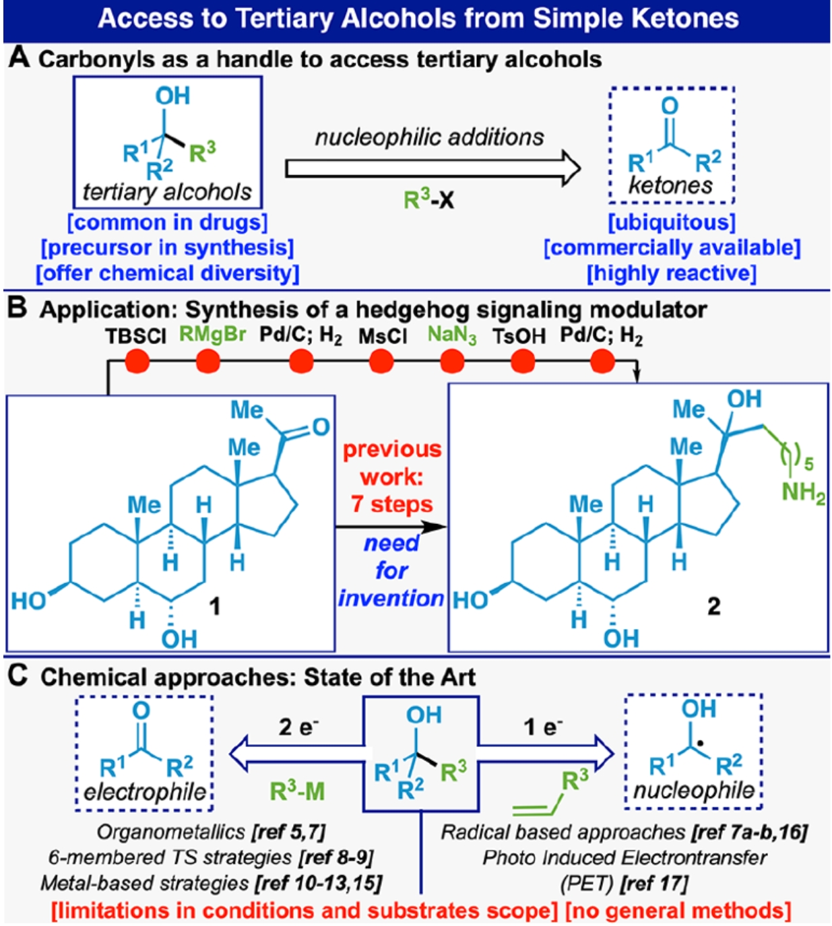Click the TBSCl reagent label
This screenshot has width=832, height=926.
coord(135,336)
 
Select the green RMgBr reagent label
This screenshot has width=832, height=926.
coord(212,335)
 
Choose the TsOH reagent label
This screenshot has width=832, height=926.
coord(519,336)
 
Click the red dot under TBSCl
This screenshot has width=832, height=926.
coord(138,362)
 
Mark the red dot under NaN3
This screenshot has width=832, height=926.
coord(453,362)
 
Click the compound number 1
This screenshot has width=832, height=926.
coord(214,607)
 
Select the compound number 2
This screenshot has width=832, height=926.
coord(713,607)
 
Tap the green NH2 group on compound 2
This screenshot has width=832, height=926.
coord(802,493)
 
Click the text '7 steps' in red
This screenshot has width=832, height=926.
coord(391,504)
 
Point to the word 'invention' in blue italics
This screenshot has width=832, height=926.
coord(391,598)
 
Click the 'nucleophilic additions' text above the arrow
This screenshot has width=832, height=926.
coord(429,137)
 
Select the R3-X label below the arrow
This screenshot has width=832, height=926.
coord(428,199)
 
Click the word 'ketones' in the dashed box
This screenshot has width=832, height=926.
coord(670,185)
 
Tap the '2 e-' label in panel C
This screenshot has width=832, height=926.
coord(298,727)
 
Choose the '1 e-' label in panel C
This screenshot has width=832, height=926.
coord(543,727)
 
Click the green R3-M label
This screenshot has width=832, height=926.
coord(297,791)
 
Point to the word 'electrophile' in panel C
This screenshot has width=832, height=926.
coord(145,792)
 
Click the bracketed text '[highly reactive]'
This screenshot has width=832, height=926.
coord(672,273)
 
